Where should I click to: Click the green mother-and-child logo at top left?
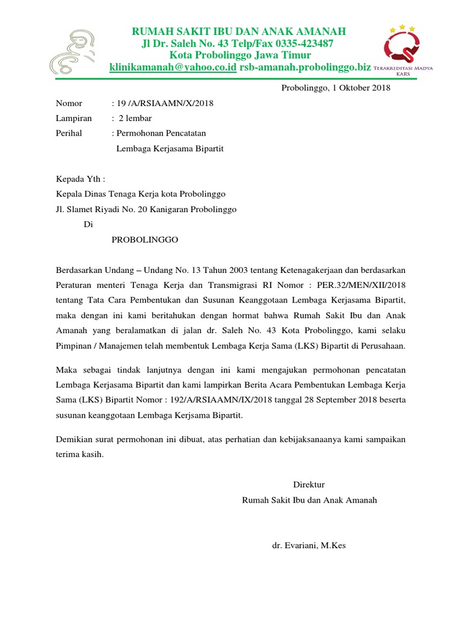73,52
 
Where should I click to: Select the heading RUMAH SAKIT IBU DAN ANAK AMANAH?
239,31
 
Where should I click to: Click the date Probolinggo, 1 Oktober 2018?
336,88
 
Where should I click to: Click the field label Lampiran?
73,118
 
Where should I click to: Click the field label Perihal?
69,133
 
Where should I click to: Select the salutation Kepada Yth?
80,179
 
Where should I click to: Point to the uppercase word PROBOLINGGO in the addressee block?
145,239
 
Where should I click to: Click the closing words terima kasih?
79,455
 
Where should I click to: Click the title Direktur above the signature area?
309,484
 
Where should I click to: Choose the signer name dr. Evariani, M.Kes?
309,546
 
